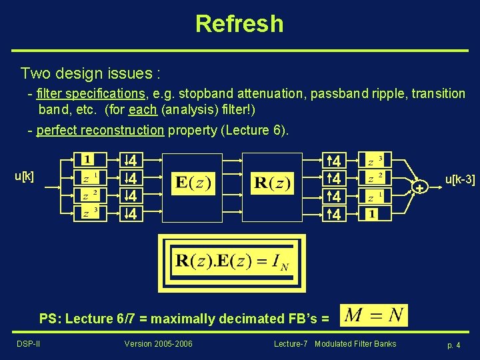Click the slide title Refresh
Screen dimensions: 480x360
[x=239, y=24]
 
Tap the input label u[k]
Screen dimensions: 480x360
[x=25, y=176]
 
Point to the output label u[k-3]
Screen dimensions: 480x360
[x=460, y=179]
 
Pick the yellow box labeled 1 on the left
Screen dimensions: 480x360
[x=88, y=160]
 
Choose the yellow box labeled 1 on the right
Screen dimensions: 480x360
[x=371, y=214]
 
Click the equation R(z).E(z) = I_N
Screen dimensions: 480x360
[x=231, y=263]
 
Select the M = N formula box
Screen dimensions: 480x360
[x=373, y=315]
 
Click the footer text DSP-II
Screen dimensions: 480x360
[x=28, y=344]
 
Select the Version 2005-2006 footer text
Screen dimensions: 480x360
[x=158, y=344]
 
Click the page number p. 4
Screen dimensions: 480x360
[x=453, y=345]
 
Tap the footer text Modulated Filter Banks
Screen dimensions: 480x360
[x=355, y=344]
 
